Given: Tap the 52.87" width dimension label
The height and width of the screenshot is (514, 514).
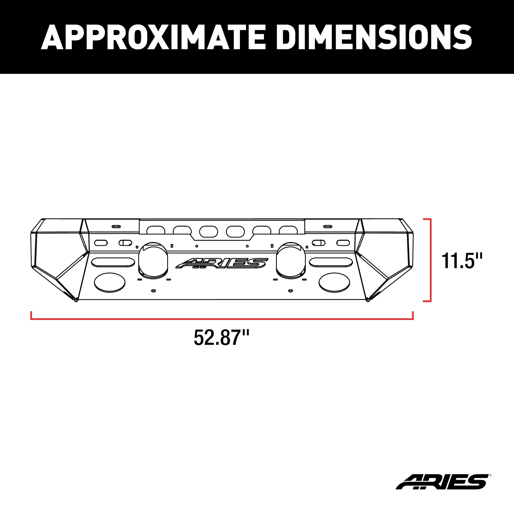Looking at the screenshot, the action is (x=221, y=338).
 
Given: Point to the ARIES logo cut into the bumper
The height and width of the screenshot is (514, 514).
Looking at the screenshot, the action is (x=221, y=263).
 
